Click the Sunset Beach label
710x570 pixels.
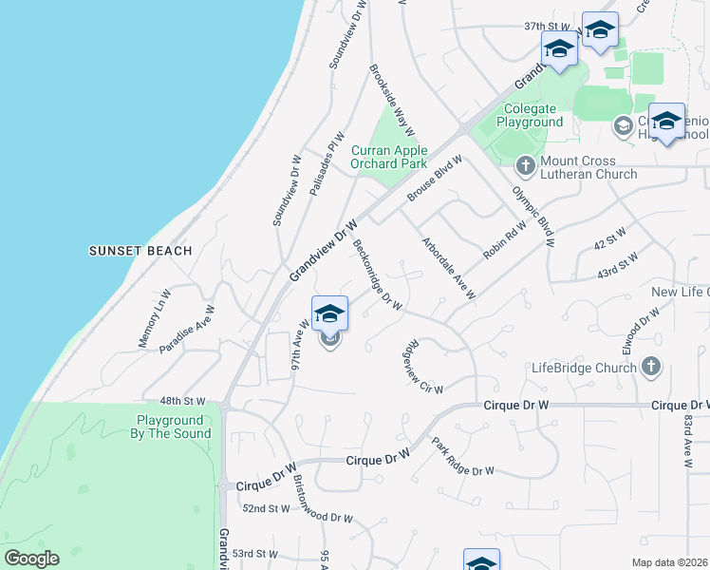(140, 251)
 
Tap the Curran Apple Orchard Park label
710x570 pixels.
(389, 157)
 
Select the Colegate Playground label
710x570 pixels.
(521, 116)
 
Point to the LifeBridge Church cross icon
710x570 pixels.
(651, 367)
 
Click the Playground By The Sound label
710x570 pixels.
(170, 427)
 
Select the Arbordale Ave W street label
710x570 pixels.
(448, 268)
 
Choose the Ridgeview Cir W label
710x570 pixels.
(423, 366)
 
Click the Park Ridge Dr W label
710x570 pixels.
(462, 457)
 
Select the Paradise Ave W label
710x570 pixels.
(187, 330)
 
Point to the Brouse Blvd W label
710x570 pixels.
(435, 178)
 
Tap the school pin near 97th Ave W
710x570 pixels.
(329, 313)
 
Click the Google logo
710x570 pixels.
(31, 559)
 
